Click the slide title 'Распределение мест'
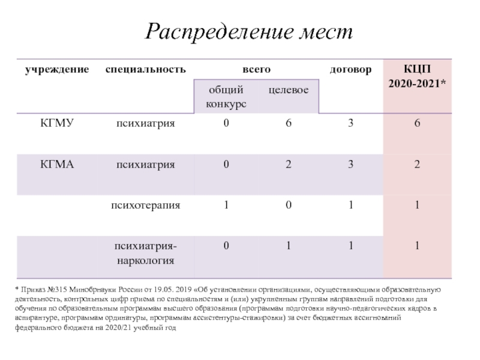tap(249, 31)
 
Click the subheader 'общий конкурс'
tap(226, 97)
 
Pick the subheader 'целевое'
tap(288, 90)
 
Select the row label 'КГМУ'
tap(57, 124)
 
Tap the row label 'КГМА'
tap(57, 164)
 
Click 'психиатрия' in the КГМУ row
tap(145, 124)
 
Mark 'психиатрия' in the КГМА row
tap(145, 164)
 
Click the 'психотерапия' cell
tap(145, 205)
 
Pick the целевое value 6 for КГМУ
tap(289, 124)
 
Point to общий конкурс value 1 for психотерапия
tap(226, 205)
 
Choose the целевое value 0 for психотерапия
tap(289, 205)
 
